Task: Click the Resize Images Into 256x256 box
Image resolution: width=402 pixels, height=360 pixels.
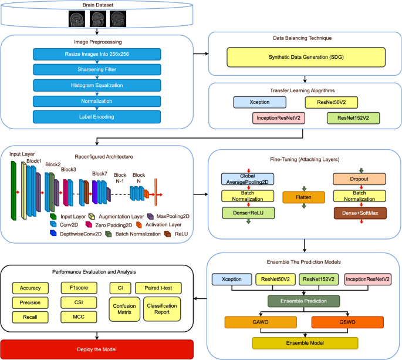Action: point(103,54)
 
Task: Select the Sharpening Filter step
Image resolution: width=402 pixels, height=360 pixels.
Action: point(103,69)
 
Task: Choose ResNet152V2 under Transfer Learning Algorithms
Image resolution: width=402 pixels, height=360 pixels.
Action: point(353,118)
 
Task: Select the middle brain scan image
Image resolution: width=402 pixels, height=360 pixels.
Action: point(97,19)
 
